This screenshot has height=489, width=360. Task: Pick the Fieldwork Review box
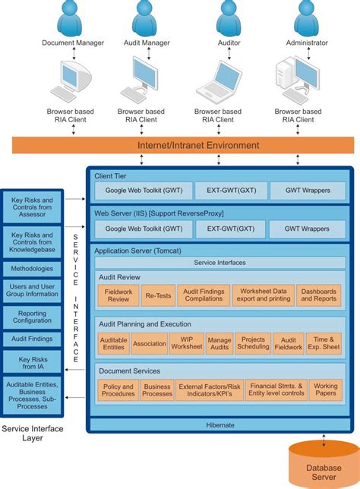118,295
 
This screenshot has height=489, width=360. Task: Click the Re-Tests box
159,295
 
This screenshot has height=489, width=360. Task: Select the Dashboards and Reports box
318,295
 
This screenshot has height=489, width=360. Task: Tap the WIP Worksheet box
186,343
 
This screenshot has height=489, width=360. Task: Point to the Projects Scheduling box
251,343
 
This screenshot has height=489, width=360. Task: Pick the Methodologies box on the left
33,269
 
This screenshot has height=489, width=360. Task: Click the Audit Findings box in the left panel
33,339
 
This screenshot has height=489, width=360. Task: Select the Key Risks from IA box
33,361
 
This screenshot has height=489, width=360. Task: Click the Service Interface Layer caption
33,434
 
